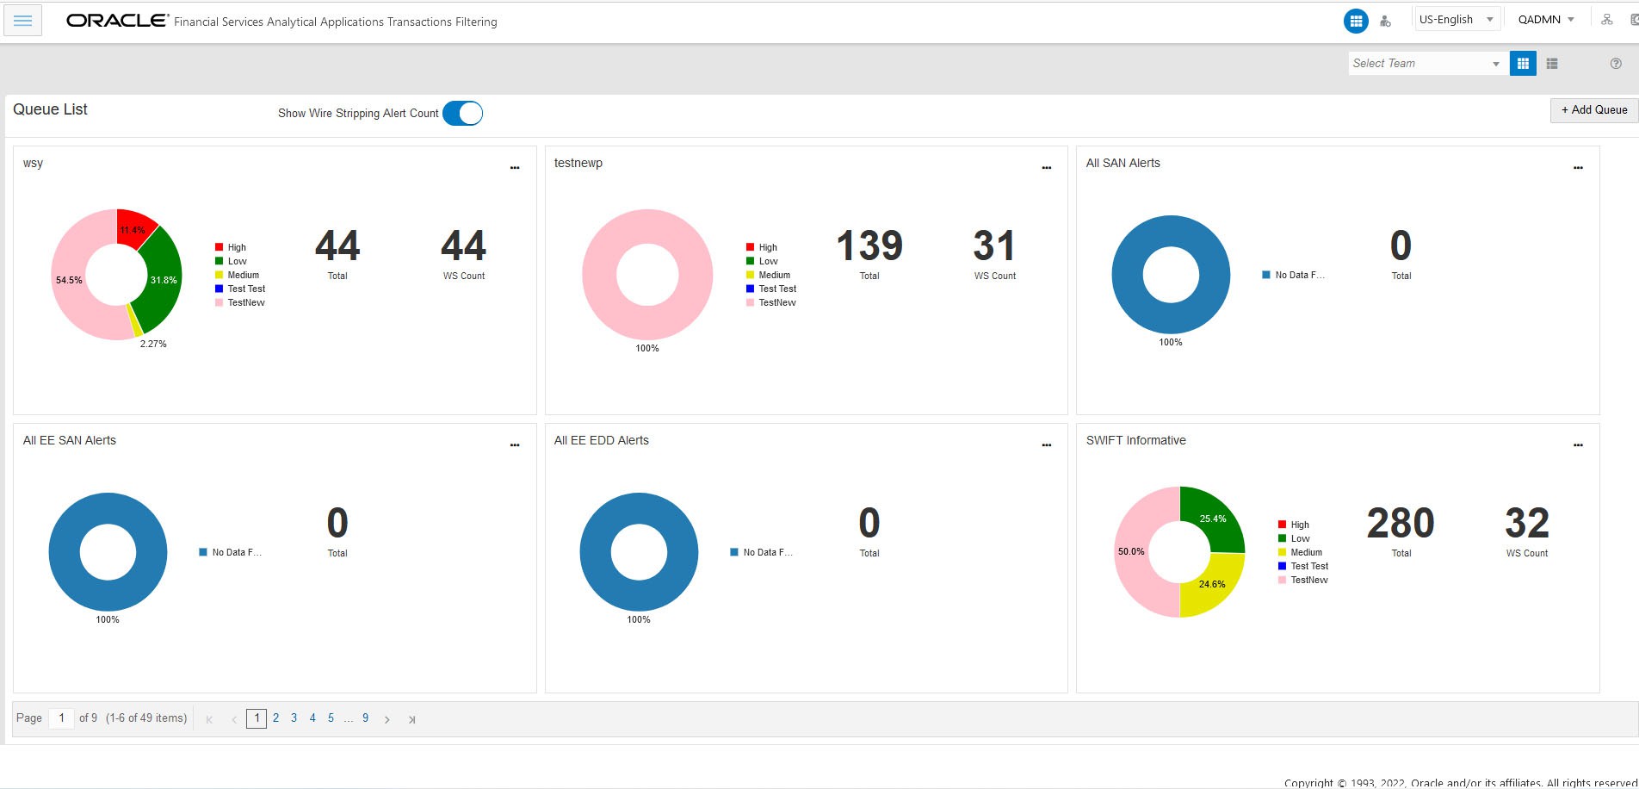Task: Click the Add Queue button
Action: pos(1593,110)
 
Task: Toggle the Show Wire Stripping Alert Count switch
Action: pos(463,114)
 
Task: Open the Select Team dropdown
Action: pos(1426,64)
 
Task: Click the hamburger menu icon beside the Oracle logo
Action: pos(23,21)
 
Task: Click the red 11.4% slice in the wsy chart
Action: pos(133,228)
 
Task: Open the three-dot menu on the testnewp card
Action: pos(1046,168)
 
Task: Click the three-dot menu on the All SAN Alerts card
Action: pos(1578,168)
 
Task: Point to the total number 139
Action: pos(869,246)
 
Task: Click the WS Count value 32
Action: pos(1526,524)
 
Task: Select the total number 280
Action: pos(1401,524)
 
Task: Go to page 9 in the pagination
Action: pos(366,718)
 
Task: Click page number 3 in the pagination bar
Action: pos(294,718)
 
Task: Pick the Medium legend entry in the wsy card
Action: pos(242,276)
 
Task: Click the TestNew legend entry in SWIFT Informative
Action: pos(1308,581)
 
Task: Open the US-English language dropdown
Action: pos(1457,20)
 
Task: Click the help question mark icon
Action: pos(1616,64)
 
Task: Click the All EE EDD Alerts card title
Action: pos(601,440)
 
